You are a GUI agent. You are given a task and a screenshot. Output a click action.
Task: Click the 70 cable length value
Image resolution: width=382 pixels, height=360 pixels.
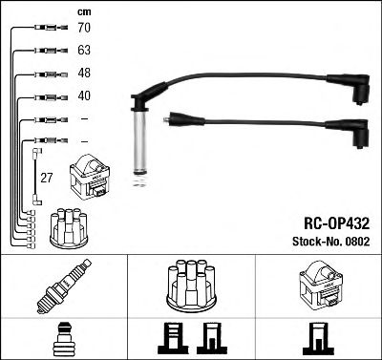[x=85, y=30]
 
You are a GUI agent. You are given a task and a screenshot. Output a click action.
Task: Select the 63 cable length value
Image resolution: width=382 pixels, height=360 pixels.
[x=85, y=52]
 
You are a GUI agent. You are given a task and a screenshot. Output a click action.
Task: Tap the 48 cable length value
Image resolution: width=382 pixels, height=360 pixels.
[x=85, y=74]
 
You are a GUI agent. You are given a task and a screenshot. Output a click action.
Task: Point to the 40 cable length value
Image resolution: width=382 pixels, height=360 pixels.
[x=85, y=96]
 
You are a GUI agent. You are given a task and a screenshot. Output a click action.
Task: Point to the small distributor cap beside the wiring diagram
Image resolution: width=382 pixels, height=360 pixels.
[x=65, y=226]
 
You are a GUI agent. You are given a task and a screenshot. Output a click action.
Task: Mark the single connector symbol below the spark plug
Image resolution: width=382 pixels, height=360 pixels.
[x=63, y=340]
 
